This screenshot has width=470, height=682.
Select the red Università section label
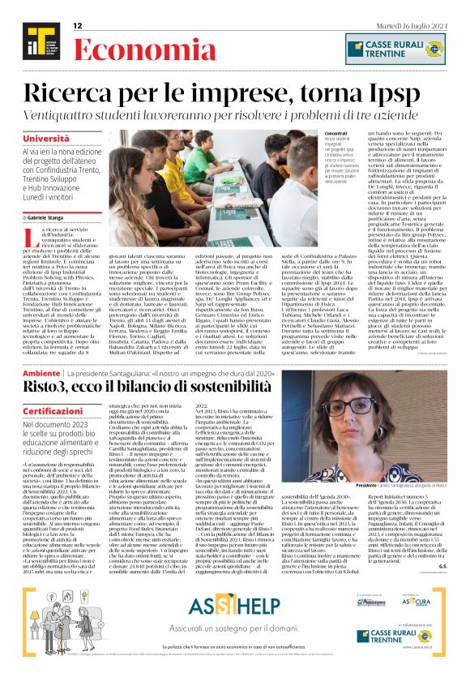point(46,139)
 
